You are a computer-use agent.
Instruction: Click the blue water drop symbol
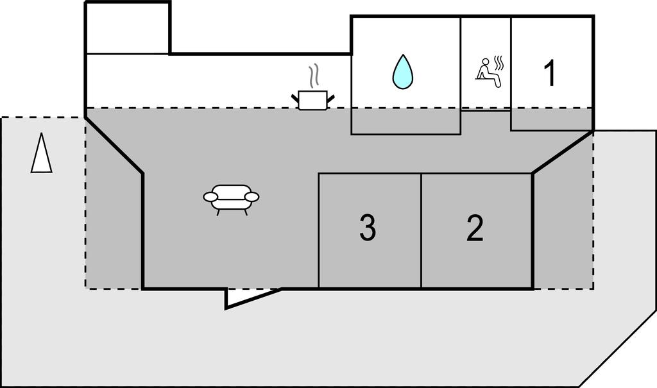tap(402, 72)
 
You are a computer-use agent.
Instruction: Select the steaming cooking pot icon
tap(313, 99)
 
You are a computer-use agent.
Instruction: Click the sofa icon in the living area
tap(231, 198)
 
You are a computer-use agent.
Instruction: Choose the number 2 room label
tap(475, 229)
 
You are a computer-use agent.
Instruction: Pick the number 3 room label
tap(367, 229)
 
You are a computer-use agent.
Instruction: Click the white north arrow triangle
tap(41, 154)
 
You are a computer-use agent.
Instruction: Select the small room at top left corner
tap(128, 28)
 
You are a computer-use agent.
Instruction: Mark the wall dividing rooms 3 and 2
tap(421, 231)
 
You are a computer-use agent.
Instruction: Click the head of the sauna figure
tap(485, 62)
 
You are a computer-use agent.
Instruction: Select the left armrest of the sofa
tap(210, 197)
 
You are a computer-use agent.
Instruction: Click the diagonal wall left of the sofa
tap(114, 145)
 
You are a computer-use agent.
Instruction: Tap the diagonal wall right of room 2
tap(562, 152)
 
